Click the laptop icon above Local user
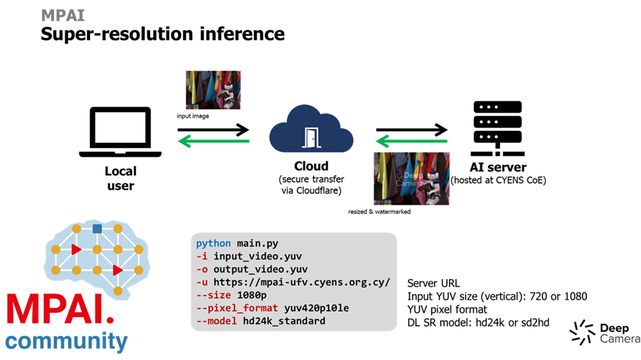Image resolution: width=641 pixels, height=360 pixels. click(x=121, y=131)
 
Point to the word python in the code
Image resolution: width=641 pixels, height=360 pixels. click(x=214, y=243)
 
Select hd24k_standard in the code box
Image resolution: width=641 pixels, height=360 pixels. click(x=280, y=321)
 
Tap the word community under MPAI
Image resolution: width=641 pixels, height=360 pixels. click(x=66, y=341)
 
